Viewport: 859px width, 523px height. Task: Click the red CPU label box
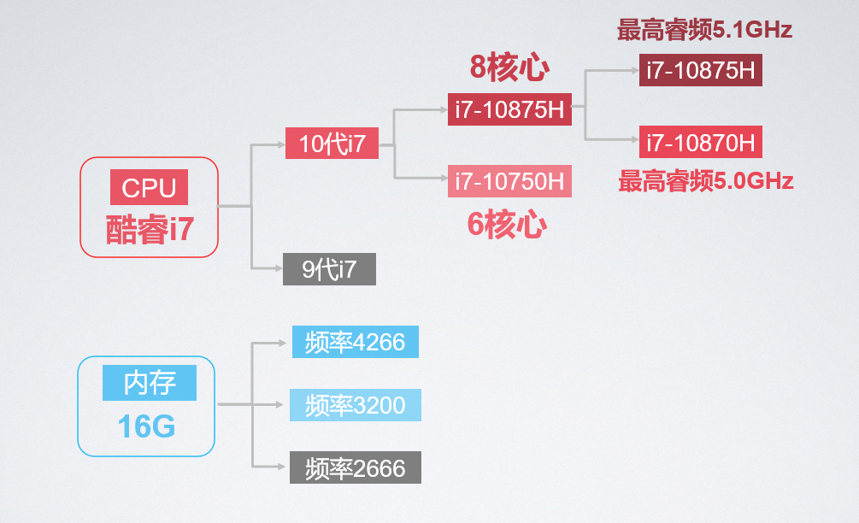[x=149, y=187]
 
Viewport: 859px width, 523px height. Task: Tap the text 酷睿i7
[x=150, y=229]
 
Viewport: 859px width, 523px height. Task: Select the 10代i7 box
[x=332, y=144]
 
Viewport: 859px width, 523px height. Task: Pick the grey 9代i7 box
[x=329, y=269]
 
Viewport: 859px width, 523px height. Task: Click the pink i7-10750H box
[x=509, y=180]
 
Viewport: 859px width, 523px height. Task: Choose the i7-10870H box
[x=701, y=142]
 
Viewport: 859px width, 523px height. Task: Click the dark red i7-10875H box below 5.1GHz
[x=701, y=70]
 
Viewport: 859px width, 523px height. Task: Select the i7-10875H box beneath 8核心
[x=509, y=109]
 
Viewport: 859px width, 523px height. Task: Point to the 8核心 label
[x=509, y=67]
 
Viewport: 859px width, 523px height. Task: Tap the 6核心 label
[x=507, y=225]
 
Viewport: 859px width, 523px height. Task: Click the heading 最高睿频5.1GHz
[x=704, y=30]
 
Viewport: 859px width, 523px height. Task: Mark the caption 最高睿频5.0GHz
[x=706, y=180]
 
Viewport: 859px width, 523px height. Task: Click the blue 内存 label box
[x=150, y=383]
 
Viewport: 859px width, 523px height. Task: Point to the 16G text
[x=146, y=426]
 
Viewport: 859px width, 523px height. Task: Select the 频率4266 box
[x=356, y=342]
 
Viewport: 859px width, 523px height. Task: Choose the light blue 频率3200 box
[x=356, y=405]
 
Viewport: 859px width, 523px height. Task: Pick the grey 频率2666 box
[x=356, y=467]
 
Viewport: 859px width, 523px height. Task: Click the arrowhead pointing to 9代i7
[x=279, y=268]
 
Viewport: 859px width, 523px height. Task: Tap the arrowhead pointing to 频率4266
[x=283, y=343]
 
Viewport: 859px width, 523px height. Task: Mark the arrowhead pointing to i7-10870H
[x=635, y=139]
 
